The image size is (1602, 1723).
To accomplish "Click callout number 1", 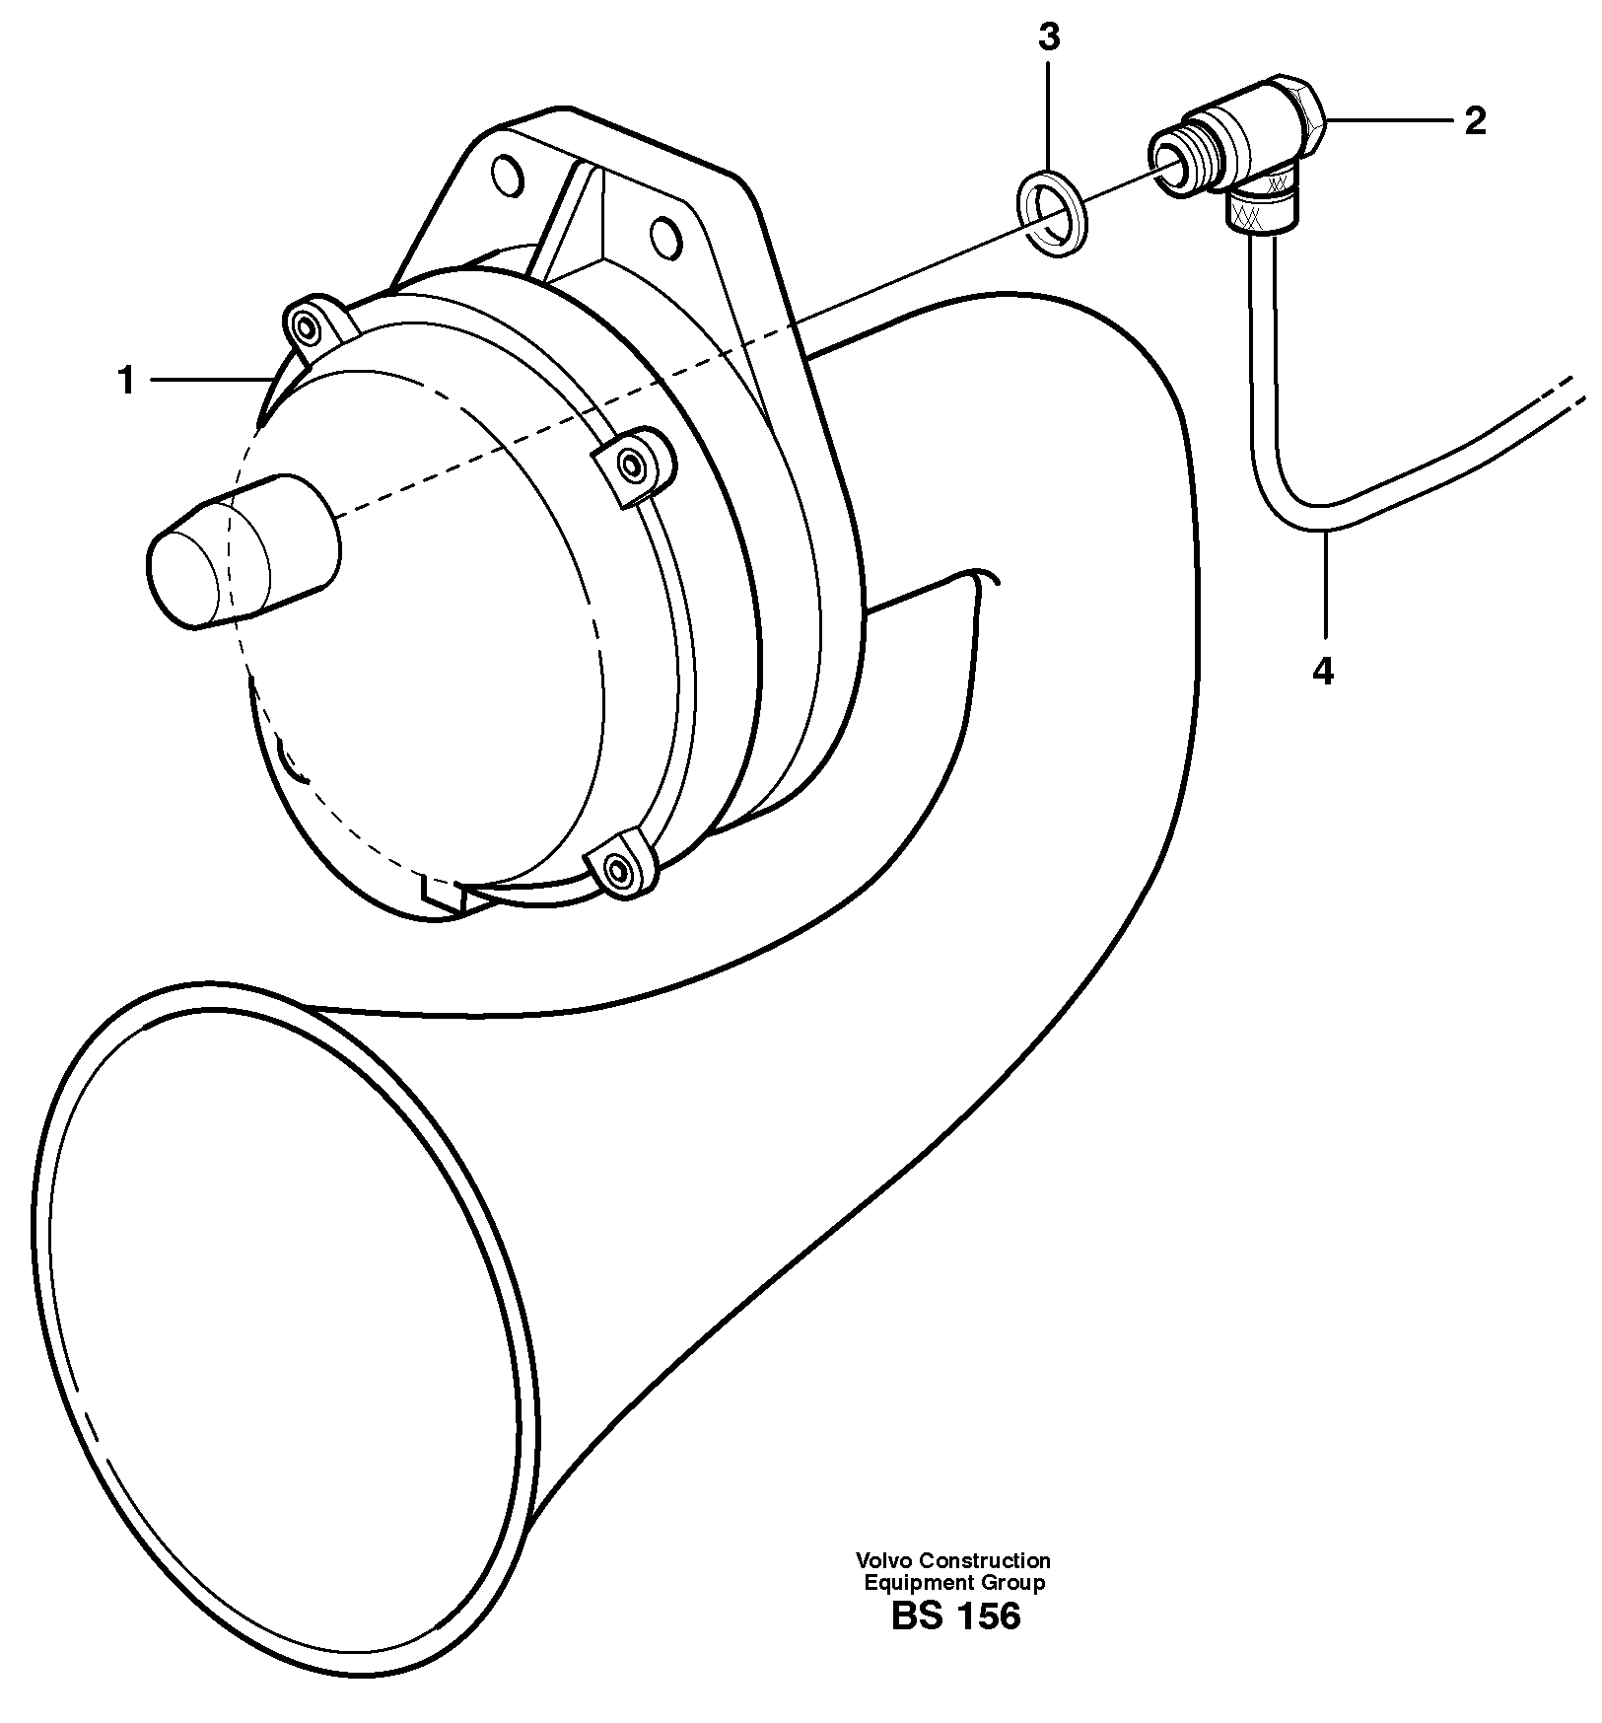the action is pos(126,381).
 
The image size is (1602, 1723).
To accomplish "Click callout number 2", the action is pos(1475,121).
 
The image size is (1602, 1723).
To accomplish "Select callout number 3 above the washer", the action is pos(1049,38).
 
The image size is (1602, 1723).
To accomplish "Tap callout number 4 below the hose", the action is pos(1323,672).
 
